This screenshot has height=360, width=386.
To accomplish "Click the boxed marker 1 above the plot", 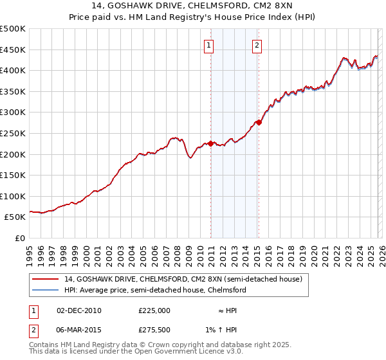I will coord(210,45).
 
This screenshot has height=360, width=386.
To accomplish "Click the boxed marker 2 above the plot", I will coord(257,45).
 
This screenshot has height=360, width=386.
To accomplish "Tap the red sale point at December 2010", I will coord(211,144).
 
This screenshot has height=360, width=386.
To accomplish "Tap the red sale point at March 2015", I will coord(258,122).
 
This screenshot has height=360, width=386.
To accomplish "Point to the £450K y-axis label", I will coord(13,50).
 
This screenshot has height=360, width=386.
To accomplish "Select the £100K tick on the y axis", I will coord(13,196).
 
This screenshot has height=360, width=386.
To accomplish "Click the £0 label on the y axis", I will coord(19,238).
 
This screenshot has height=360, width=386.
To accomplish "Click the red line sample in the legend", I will coord(45,278).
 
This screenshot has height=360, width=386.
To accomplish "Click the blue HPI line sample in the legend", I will coord(45,290).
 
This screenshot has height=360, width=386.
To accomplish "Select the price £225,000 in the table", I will coord(154,310).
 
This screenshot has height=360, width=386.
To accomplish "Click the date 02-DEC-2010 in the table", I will coord(79,310).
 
